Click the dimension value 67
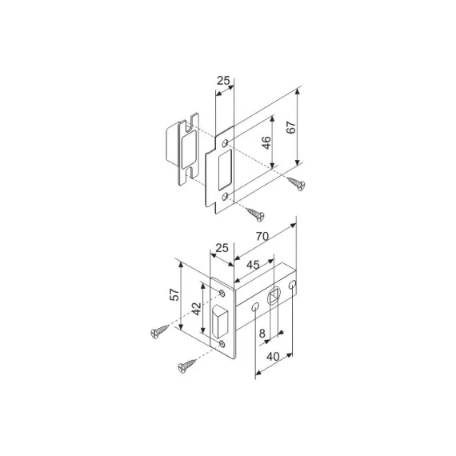[291, 127]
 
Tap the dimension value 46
[266, 142]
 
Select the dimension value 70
[262, 237]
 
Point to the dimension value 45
[253, 265]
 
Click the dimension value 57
[174, 294]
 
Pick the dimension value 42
[197, 309]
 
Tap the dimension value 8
[262, 334]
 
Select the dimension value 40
[273, 357]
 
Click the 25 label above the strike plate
[223, 81]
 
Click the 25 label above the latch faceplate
[222, 248]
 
